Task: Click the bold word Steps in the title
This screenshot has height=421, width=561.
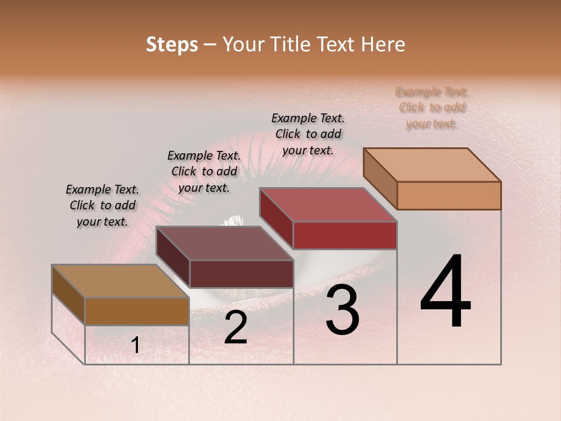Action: (171, 44)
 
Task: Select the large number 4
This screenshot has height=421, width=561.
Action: (445, 292)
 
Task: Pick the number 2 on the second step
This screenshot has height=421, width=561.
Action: (236, 327)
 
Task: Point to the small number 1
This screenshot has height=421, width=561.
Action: (136, 346)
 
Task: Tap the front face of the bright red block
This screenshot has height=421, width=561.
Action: (345, 236)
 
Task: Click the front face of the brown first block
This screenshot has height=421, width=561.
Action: (137, 311)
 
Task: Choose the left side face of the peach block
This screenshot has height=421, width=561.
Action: (380, 178)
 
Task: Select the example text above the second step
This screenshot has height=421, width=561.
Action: (204, 171)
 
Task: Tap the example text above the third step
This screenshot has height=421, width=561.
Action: (308, 134)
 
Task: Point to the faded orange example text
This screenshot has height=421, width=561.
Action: (432, 108)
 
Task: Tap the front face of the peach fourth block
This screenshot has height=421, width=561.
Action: (449, 195)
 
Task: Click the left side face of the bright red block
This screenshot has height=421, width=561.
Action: (276, 218)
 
